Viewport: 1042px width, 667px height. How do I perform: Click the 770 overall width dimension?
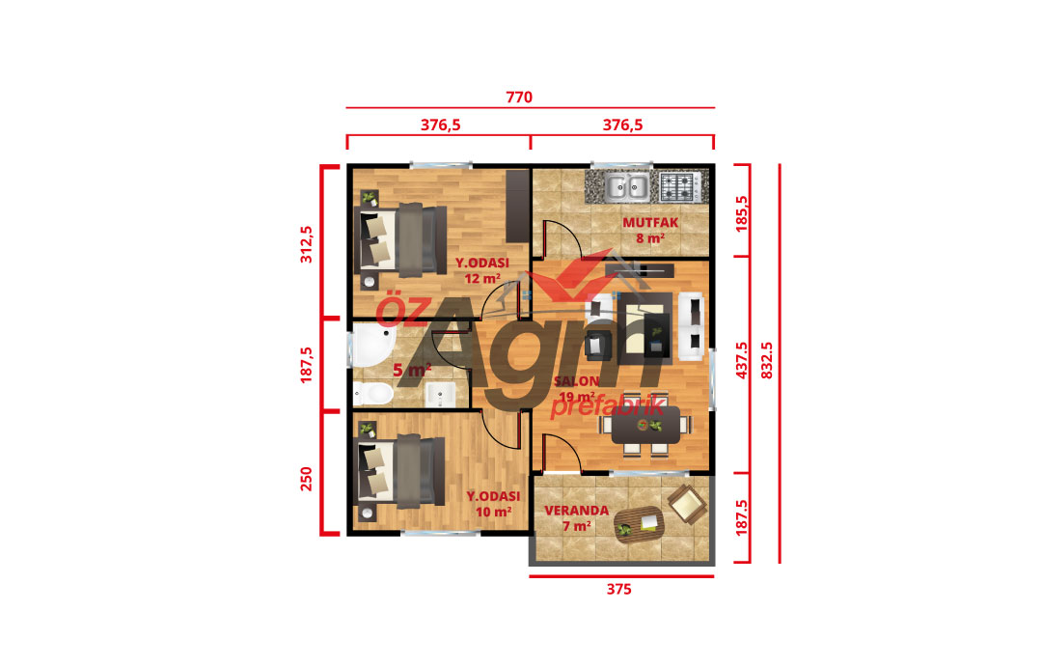(x=519, y=97)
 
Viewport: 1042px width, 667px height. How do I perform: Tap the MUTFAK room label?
(x=650, y=223)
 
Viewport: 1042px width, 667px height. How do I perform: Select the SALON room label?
(x=577, y=381)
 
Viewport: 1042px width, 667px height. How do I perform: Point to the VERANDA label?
(x=576, y=510)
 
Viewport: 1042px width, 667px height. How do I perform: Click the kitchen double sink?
(x=627, y=187)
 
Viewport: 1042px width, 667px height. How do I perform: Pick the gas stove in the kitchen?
(x=678, y=186)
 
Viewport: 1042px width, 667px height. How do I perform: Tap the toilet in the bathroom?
(x=372, y=395)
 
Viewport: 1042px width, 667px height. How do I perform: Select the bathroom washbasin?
(x=439, y=395)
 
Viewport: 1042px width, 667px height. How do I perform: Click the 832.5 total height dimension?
(x=767, y=360)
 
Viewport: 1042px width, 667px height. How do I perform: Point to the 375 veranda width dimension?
(x=618, y=589)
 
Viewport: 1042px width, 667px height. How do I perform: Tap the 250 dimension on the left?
(x=306, y=479)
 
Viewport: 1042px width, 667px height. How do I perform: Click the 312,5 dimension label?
(x=306, y=244)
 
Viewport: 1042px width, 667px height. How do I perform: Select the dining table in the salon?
(x=645, y=426)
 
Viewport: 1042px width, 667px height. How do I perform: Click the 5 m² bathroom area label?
(x=412, y=370)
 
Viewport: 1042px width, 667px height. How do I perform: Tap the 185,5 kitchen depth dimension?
(x=742, y=213)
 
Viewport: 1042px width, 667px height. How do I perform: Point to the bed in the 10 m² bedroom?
(x=401, y=471)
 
